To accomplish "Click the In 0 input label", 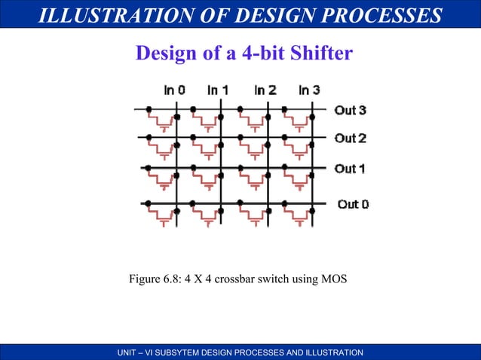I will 174,90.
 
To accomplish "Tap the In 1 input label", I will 218,90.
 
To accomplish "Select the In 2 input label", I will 265,90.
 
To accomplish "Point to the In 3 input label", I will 309,90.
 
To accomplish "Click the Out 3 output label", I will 350,111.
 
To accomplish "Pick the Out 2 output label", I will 350,139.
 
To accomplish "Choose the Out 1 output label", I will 350,169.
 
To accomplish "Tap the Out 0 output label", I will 352,204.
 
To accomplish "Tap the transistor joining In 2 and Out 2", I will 253,149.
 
